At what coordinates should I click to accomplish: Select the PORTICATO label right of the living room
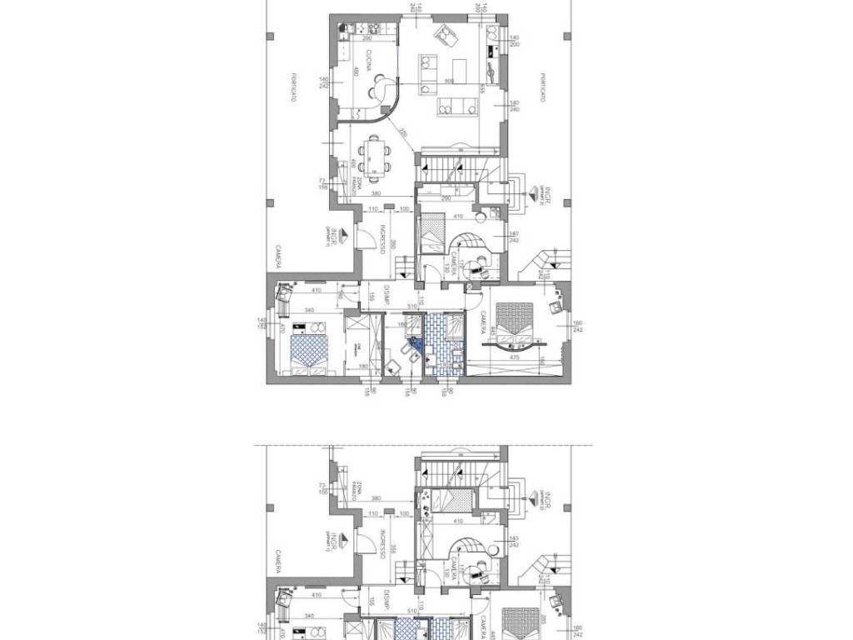(542, 87)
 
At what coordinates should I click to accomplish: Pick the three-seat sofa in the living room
(456, 105)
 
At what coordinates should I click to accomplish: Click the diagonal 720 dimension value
(404, 133)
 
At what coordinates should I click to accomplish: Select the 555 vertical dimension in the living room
(482, 90)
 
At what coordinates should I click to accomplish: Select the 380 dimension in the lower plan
(377, 498)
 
